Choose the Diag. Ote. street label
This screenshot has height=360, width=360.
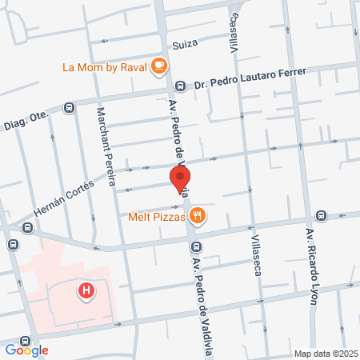pyautogui.click(x=27, y=120)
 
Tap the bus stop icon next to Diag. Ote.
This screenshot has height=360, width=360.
pyautogui.click(x=70, y=106)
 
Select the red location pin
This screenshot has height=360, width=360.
pyautogui.click(x=181, y=180)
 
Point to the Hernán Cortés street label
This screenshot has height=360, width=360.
pyautogui.click(x=63, y=198)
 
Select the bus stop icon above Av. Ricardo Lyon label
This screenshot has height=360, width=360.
pyautogui.click(x=321, y=215)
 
